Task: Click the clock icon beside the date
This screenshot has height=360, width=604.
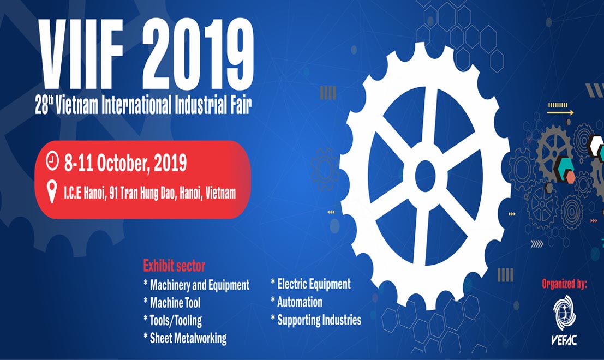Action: [52, 161]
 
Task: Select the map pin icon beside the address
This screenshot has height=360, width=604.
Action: [52, 192]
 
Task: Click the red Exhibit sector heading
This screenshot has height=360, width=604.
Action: [174, 266]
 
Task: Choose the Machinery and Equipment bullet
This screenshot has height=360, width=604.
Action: [196, 285]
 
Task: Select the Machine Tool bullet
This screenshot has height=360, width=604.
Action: [172, 303]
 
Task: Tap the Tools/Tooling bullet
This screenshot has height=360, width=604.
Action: [172, 320]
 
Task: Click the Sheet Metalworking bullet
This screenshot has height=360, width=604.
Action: [186, 338]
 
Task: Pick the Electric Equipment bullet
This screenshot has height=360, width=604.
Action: [311, 284]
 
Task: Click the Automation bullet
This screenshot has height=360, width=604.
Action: [297, 302]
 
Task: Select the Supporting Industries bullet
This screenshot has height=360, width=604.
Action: [316, 320]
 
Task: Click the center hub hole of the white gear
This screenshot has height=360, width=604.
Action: [425, 176]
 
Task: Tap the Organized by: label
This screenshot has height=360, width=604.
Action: [564, 284]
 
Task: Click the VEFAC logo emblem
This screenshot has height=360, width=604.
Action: [564, 313]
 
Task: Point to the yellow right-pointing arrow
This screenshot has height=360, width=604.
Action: [560, 113]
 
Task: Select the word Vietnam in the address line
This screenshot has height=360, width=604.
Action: [220, 193]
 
